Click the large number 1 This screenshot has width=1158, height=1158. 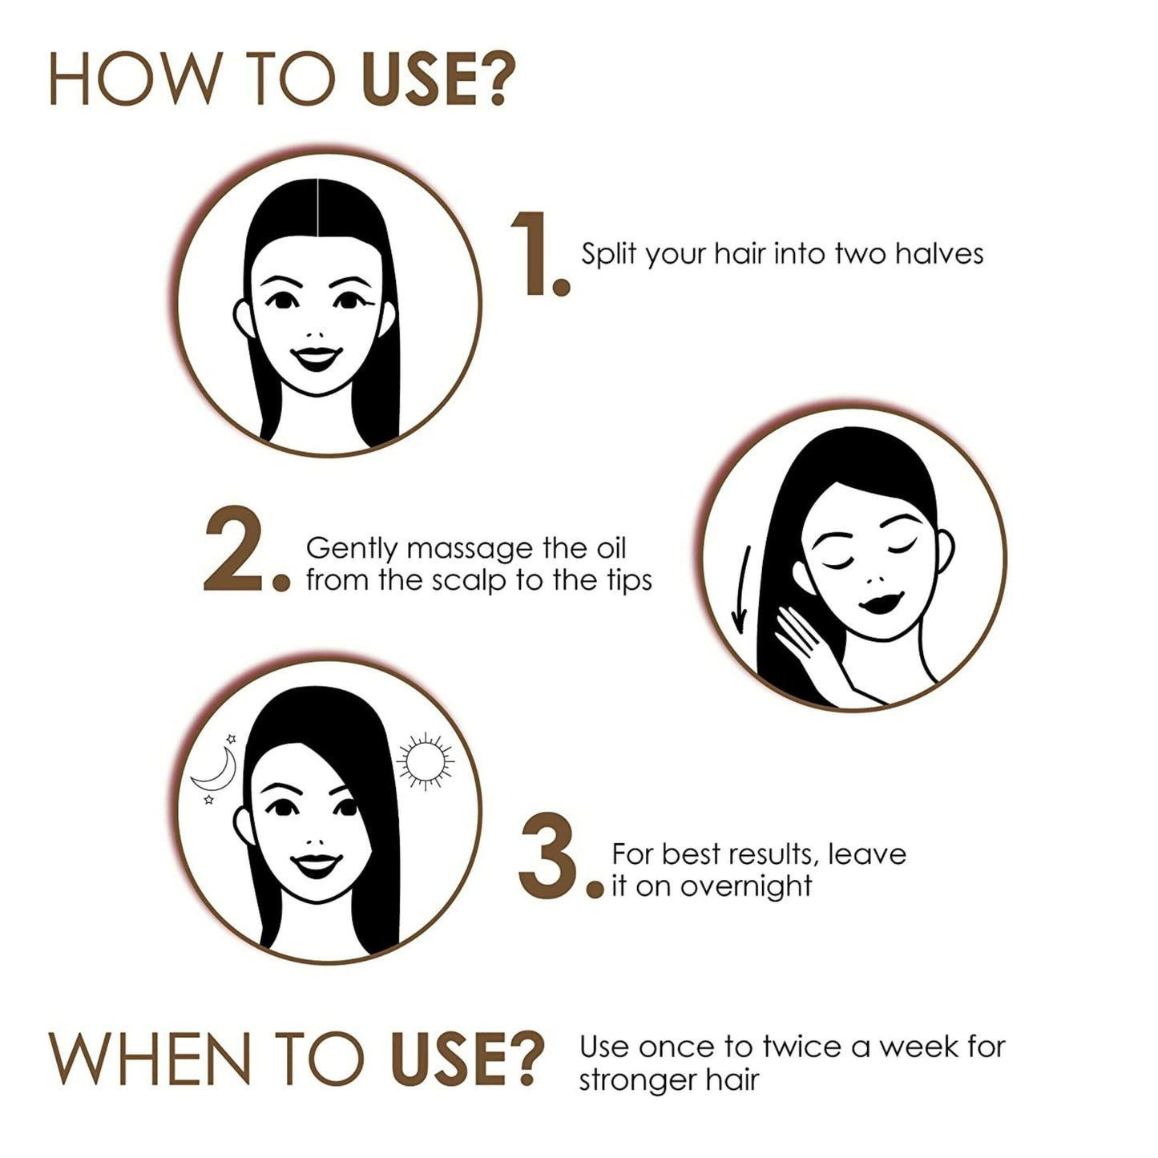531,253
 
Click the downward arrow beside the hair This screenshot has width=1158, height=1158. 742,590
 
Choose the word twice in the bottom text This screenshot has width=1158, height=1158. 801,1047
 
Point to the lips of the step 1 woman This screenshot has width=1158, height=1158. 317,358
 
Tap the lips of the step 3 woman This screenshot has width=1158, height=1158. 317,865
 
